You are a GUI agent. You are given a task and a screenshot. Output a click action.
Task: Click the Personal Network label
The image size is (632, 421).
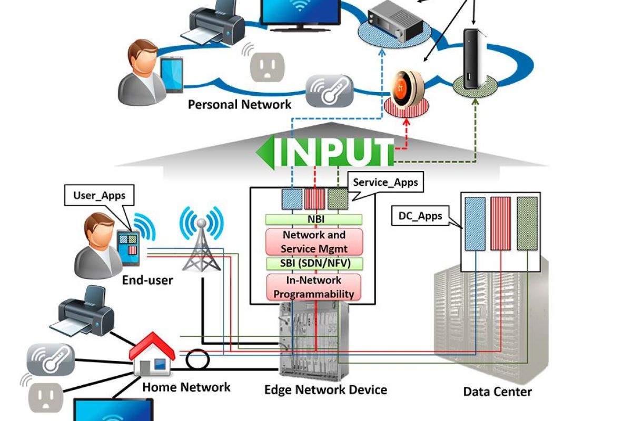click(x=240, y=104)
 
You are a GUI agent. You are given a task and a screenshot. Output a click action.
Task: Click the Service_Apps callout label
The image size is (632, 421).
click(x=385, y=183)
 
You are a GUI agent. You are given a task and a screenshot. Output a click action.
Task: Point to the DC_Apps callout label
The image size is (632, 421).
click(x=419, y=216)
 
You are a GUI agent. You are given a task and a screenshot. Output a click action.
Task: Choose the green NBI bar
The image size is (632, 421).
click(x=314, y=219)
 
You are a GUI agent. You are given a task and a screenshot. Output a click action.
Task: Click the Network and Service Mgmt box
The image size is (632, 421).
click(x=314, y=242)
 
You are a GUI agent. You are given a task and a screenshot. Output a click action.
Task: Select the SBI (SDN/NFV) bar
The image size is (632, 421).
click(x=314, y=263)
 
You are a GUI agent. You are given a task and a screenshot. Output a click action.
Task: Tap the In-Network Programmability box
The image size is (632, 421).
click(x=314, y=287)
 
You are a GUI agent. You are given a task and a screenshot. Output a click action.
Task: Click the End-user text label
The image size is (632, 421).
click(x=147, y=280)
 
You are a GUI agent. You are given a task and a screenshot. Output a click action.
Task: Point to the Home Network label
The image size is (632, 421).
click(x=186, y=387)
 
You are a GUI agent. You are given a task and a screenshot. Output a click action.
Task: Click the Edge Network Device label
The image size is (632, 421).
click(x=325, y=390)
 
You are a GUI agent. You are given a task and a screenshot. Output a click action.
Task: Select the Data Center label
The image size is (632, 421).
click(x=497, y=392)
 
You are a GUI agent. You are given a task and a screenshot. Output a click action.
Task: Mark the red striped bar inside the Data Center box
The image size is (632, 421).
click(x=501, y=223)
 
